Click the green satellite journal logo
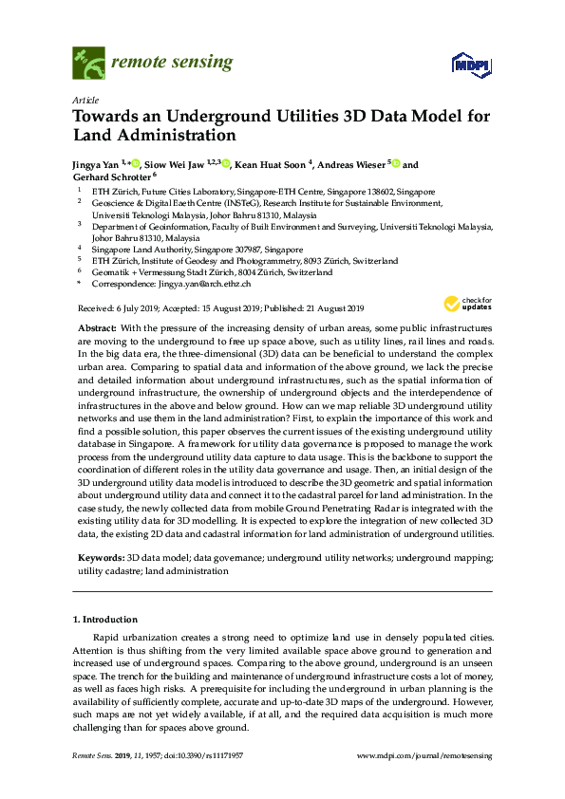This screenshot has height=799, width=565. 88,65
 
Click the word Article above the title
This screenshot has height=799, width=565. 85,100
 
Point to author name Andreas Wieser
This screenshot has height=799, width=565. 350,163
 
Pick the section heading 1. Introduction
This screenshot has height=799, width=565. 109,620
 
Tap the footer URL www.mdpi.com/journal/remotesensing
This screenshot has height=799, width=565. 424,755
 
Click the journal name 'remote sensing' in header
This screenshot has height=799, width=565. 171,64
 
